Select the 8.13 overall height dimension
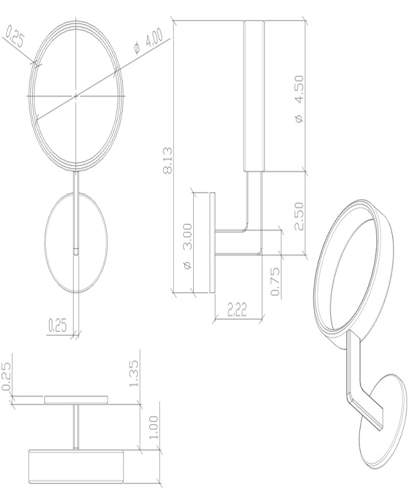pyautogui.click(x=167, y=161)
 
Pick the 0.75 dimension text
pyautogui.click(x=275, y=281)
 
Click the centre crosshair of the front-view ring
pyautogui.click(x=76, y=96)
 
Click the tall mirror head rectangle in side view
pyautogui.click(x=254, y=96)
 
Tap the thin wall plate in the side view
pyautogui.click(x=212, y=243)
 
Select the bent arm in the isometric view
pyautogui.click(x=358, y=384)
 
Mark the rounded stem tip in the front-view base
pyautogui.click(x=76, y=250)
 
